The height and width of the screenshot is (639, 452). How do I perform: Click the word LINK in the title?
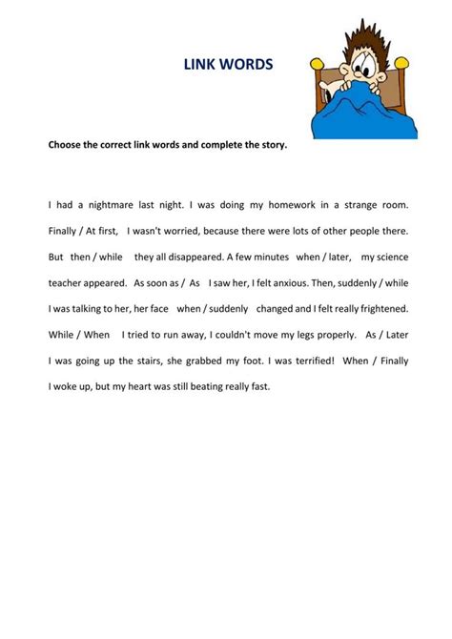pyautogui.click(x=201, y=65)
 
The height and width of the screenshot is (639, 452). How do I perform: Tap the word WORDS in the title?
pyautogui.click(x=247, y=65)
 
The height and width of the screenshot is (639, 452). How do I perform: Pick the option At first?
pyautogui.click(x=100, y=231)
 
